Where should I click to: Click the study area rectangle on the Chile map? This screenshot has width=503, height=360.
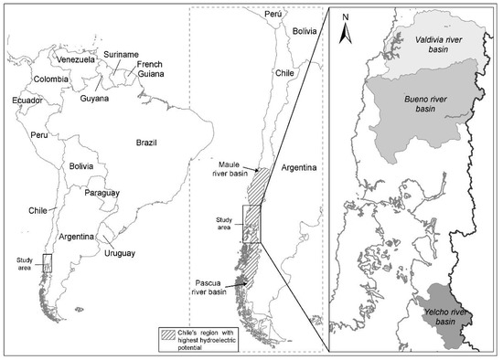tap(251, 224)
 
